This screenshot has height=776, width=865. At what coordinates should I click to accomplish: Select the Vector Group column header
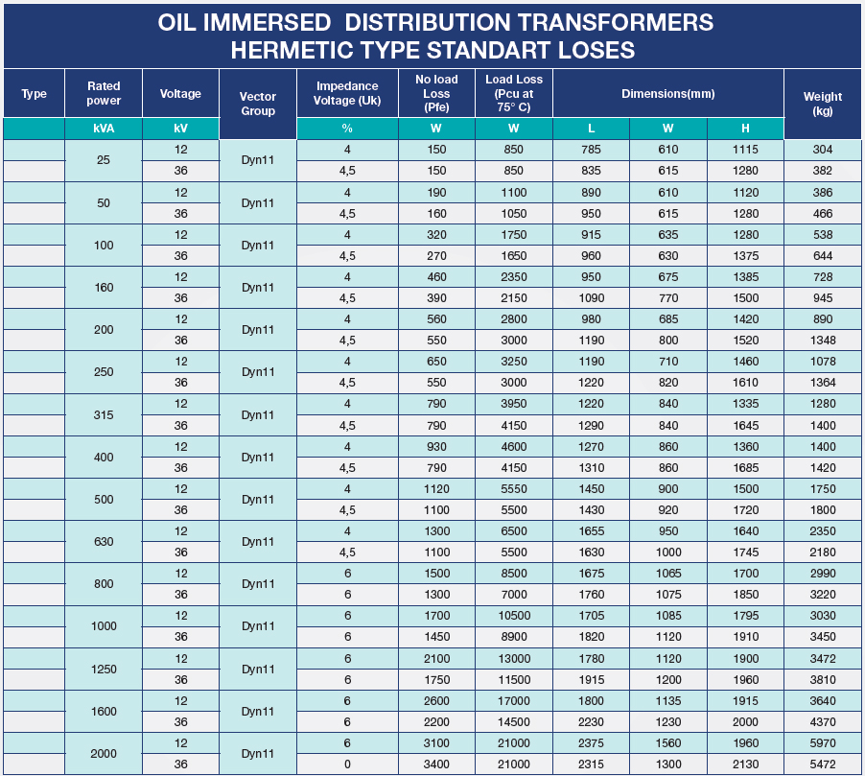click(x=257, y=104)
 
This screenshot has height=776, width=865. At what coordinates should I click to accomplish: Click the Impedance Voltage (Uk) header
click(x=347, y=93)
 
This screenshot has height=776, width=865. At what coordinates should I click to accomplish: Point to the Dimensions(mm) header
click(x=667, y=94)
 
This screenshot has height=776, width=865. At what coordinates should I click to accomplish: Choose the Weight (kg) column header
click(x=822, y=104)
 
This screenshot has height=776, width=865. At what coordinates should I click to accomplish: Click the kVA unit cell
click(x=104, y=129)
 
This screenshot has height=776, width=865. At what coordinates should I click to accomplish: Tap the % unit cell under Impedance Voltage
click(x=347, y=129)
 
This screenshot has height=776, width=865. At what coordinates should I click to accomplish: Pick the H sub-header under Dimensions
click(x=745, y=129)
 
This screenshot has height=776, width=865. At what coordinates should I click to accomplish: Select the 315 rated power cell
click(x=104, y=414)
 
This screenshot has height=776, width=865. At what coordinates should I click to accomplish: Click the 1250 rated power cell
click(x=104, y=669)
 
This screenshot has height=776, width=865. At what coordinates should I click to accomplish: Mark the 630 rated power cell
click(x=104, y=541)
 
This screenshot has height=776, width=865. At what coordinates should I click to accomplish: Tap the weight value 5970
click(x=822, y=742)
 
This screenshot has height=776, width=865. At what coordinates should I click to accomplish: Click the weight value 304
click(x=822, y=150)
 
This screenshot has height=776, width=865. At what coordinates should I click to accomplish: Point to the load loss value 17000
click(x=513, y=700)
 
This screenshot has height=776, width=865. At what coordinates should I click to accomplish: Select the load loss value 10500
click(x=513, y=616)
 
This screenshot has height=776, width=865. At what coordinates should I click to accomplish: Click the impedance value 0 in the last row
click(x=347, y=764)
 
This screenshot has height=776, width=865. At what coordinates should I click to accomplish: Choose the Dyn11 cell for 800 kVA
click(x=257, y=584)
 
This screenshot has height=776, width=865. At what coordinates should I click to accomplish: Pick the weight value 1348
click(x=822, y=341)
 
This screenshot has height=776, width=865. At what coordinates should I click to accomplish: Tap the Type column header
click(x=34, y=94)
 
